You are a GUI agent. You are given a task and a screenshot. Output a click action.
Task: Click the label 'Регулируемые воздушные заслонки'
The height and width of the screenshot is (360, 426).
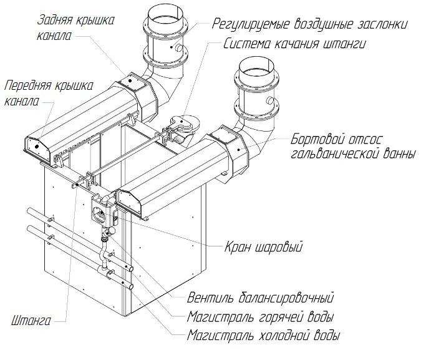point(311,24)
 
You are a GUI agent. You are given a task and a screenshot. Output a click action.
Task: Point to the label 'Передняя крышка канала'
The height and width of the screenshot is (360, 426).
point(49,92)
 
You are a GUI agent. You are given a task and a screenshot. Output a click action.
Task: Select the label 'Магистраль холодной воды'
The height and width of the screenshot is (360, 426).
point(264,336)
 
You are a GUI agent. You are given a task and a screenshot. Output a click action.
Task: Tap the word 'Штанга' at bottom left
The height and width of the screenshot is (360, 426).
point(31,322)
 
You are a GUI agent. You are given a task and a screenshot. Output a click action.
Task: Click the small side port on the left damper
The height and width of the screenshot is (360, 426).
point(179,48)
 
